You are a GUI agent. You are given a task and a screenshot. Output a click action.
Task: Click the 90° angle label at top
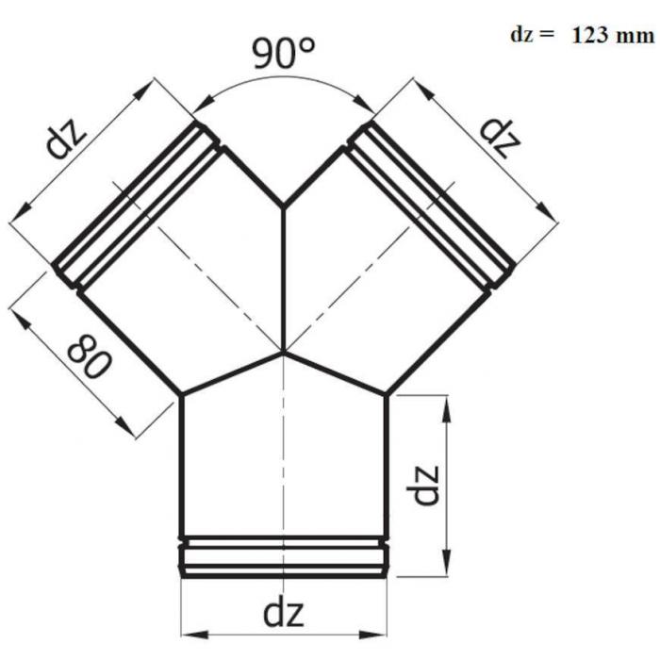283,53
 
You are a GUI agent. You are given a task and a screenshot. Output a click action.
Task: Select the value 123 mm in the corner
613,36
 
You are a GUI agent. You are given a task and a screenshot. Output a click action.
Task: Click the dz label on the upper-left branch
66,138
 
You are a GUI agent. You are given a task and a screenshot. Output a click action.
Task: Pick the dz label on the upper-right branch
501,138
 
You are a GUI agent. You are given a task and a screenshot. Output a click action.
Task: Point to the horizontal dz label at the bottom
283,613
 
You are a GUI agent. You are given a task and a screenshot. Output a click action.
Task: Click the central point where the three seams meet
284,352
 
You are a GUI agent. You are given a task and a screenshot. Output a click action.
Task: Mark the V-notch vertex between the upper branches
284,206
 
